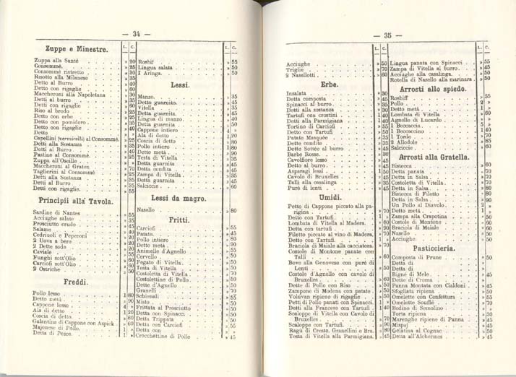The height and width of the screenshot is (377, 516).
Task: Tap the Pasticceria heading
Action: pyautogui.click(x=432, y=247)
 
